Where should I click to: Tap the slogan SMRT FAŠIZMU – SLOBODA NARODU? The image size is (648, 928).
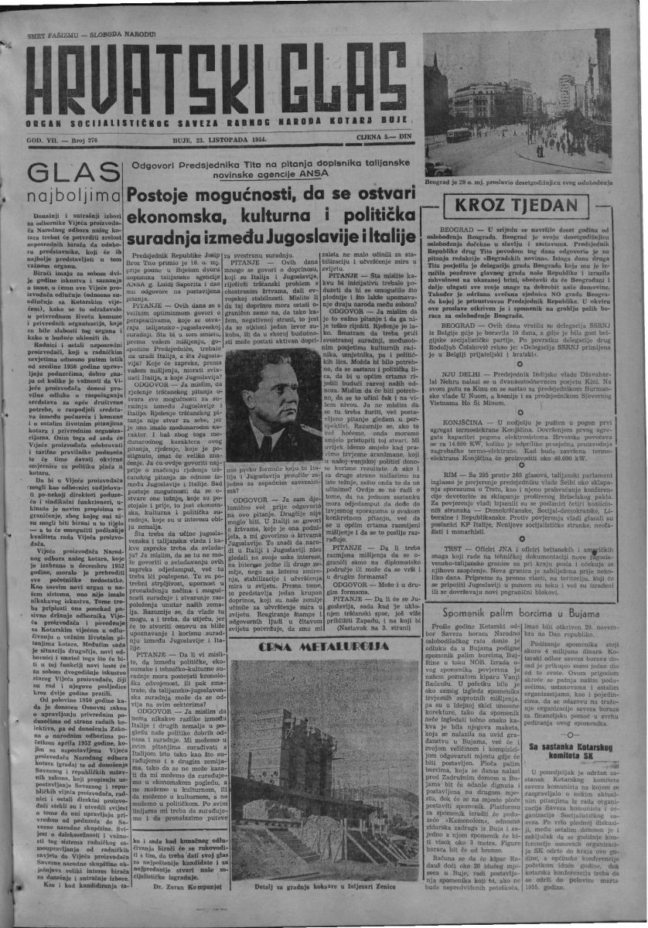pos(90,35)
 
